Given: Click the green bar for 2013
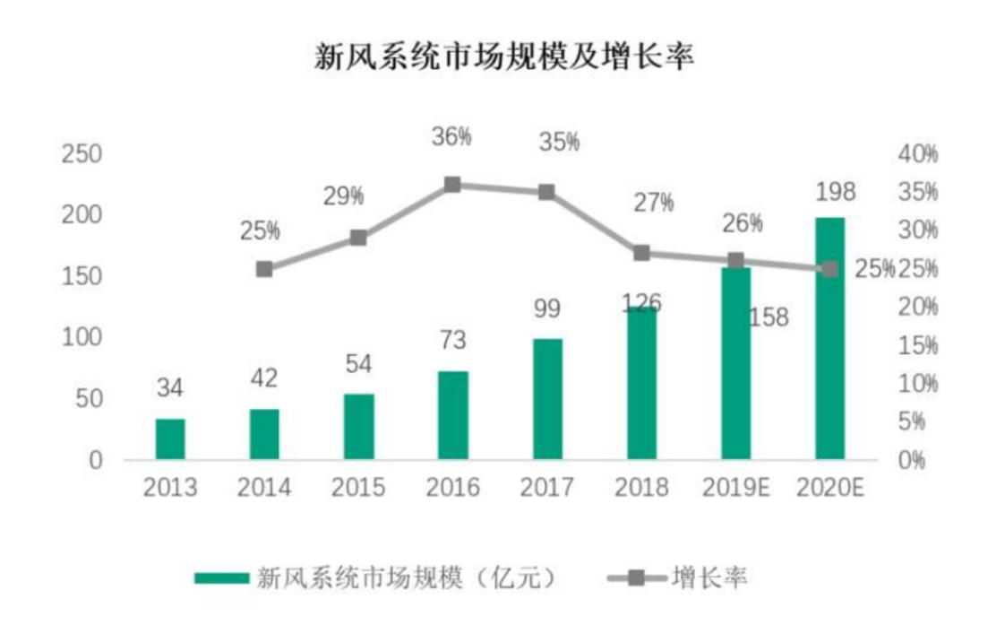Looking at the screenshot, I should tap(170, 439).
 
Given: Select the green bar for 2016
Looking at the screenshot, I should tap(453, 415).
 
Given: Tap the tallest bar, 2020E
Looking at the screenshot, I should tap(829, 339).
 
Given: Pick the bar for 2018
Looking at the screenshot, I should tap(641, 383).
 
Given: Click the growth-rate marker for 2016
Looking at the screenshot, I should tap(452, 185).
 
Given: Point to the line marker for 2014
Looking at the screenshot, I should tap(264, 269).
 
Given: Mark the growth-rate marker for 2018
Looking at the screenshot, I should tap(641, 253).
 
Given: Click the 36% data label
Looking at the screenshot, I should tap(451, 136).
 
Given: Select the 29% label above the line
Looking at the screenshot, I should tap(345, 195).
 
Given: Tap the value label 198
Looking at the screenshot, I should tap(835, 192).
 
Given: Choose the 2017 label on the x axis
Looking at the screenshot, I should tap(546, 487).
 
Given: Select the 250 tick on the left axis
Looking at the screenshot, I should tap(81, 154).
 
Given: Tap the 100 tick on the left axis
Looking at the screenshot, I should tap(81, 337).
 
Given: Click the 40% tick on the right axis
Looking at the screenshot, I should tap(917, 154).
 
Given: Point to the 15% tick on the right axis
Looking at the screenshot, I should tap(917, 345).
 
